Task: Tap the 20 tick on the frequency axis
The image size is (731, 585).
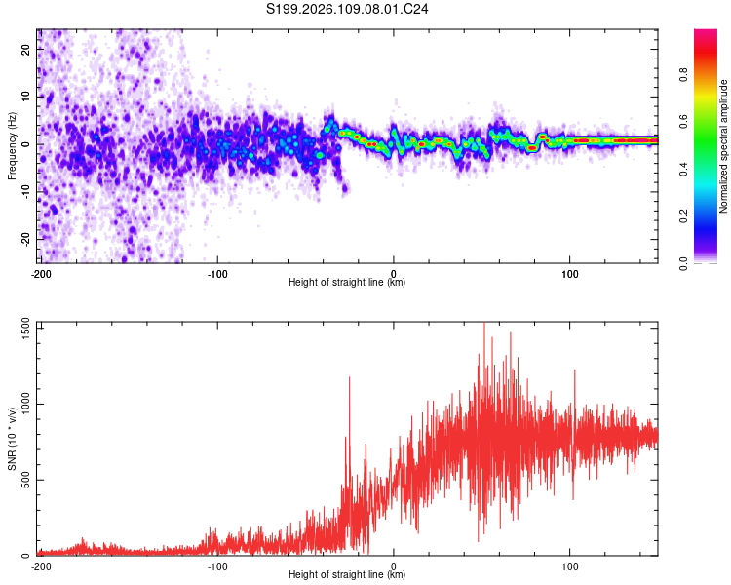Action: pos(26,49)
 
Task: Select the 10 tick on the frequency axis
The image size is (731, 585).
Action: pos(26,97)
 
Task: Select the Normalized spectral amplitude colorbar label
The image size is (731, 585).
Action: pos(724,146)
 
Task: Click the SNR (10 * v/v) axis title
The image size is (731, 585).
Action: pos(12,440)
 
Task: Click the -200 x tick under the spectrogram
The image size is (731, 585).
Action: pos(40,274)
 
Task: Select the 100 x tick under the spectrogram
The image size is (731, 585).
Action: pos(570,274)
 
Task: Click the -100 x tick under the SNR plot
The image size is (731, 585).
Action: pos(216,565)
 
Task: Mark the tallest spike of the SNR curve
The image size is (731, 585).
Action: pos(484,325)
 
